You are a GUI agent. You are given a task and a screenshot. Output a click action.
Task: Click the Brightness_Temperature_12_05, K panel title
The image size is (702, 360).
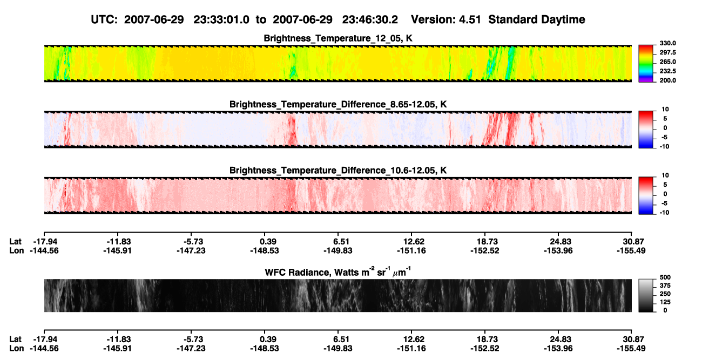coord(338,38)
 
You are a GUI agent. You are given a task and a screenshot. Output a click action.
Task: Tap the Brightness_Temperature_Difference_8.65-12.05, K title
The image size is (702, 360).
coord(338,104)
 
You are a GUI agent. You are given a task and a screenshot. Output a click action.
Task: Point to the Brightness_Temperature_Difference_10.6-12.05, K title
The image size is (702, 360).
coord(338,171)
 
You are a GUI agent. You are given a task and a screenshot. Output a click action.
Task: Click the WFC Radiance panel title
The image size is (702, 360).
coord(338,272)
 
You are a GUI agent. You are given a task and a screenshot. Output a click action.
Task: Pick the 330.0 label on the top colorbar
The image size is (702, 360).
coord(667,43)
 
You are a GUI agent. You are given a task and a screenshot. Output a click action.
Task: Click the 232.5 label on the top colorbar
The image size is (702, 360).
coord(667,71)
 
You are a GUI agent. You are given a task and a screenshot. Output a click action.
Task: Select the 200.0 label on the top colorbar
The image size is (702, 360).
coord(667,80)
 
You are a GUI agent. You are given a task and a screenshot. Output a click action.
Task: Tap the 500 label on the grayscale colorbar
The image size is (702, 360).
coord(665,277)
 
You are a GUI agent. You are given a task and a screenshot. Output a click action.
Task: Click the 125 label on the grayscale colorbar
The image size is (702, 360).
coord(665,302)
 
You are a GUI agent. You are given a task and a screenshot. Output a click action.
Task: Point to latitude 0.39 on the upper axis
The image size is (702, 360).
coord(268,242)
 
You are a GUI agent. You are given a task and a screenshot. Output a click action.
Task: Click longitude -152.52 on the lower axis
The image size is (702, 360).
coord(484,349)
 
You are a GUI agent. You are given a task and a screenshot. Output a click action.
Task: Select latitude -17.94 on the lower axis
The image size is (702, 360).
coord(45,339)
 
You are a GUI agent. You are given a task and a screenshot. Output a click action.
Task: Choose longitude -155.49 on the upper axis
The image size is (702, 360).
coord(631,250)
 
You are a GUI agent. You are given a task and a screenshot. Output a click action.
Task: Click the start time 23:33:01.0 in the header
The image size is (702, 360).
coord(221,20)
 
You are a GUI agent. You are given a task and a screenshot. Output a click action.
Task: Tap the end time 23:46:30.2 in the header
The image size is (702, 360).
coord(370,20)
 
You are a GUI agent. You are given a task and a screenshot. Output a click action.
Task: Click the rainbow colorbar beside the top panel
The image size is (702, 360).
coord(646,64)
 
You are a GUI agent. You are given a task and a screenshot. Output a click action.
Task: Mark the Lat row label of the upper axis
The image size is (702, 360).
coord(15,242)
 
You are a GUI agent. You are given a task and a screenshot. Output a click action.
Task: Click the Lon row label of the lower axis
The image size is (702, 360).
coord(16,349)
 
